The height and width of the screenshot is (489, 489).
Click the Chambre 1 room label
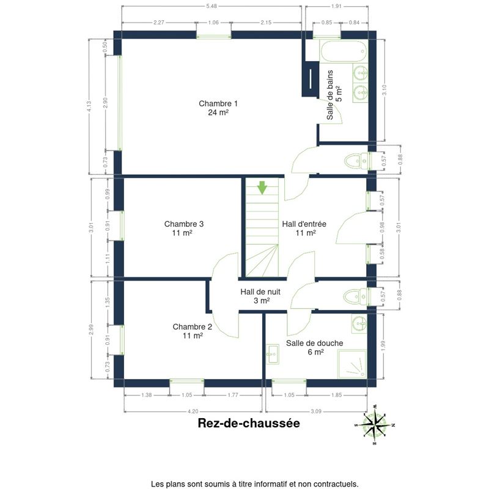[218, 108]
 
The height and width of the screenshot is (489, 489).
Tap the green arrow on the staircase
[262, 188]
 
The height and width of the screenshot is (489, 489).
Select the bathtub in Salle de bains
[344, 51]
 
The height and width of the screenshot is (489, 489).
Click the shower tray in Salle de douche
[353, 364]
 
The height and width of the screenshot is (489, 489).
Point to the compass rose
[375, 424]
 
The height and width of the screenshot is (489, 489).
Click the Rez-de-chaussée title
[249, 423]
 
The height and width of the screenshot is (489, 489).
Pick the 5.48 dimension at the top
[211, 6]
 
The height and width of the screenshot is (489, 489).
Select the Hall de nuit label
[260, 296]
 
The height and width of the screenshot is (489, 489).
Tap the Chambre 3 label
[184, 228]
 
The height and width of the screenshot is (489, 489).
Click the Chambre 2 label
[192, 331]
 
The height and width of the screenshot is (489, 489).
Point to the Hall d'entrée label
[304, 228]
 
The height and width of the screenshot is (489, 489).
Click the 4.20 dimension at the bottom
[193, 411]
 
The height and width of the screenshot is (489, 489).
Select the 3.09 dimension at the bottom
[316, 411]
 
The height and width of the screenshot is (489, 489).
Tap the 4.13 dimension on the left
[89, 106]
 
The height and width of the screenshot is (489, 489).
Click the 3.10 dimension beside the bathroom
[384, 90]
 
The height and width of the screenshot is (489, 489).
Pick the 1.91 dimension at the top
[336, 6]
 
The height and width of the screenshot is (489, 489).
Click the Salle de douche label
[314, 347]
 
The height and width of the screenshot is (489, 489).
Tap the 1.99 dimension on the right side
[383, 345]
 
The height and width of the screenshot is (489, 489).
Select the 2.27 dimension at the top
[159, 23]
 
